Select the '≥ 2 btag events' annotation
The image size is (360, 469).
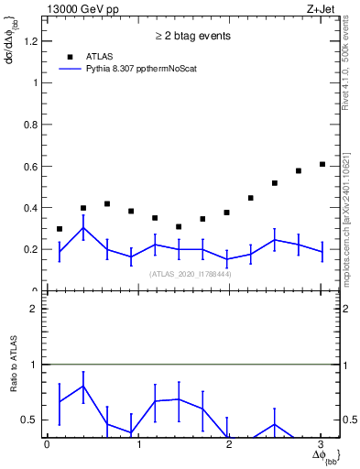191,37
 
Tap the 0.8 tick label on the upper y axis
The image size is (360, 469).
30,124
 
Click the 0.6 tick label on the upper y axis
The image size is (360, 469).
30,166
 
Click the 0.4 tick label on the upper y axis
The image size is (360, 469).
30,208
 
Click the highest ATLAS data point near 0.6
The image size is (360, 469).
322,164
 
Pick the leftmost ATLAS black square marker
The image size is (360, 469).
60,229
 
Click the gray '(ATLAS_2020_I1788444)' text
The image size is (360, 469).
191,273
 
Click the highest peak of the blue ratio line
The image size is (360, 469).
83,386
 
